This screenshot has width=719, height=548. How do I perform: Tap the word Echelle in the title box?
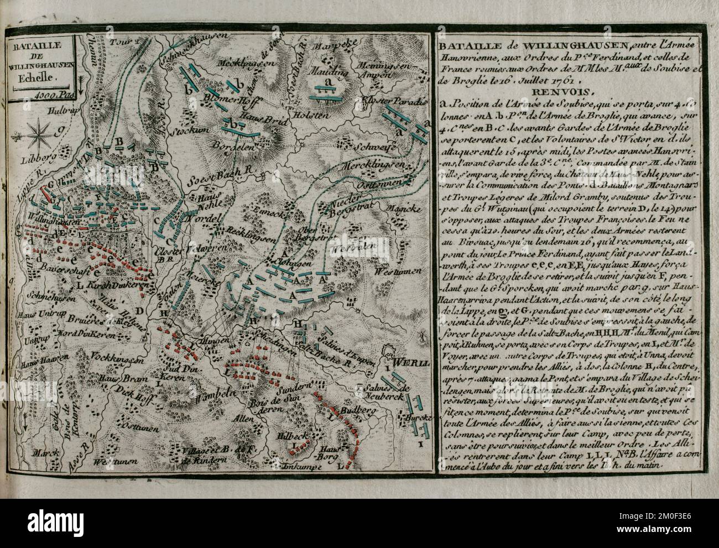tap(41, 79)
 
